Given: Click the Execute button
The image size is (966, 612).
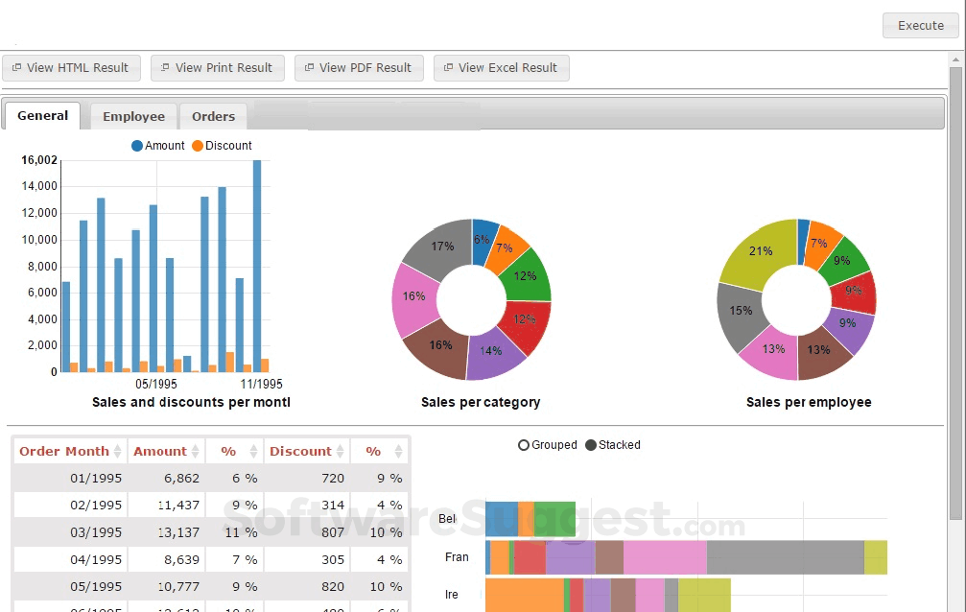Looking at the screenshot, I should [x=920, y=26].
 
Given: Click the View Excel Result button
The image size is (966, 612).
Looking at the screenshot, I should [x=501, y=68].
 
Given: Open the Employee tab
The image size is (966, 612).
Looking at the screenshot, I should [x=133, y=117].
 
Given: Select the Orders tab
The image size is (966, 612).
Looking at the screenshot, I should [x=213, y=117].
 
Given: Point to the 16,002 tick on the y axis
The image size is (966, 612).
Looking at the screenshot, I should [x=39, y=160].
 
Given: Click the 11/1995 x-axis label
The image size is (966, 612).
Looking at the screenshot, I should [x=261, y=384].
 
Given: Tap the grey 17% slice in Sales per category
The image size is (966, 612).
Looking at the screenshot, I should [x=436, y=249].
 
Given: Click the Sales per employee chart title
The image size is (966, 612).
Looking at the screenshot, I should [x=809, y=403].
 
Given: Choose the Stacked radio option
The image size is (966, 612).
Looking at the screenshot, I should [x=612, y=445].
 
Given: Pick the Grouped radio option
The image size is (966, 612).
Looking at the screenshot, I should [x=547, y=445].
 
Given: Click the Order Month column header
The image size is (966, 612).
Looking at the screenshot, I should [x=64, y=451].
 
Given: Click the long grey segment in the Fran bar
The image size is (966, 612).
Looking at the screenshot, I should [x=785, y=557].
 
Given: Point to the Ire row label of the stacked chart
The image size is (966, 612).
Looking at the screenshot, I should [x=451, y=595].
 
